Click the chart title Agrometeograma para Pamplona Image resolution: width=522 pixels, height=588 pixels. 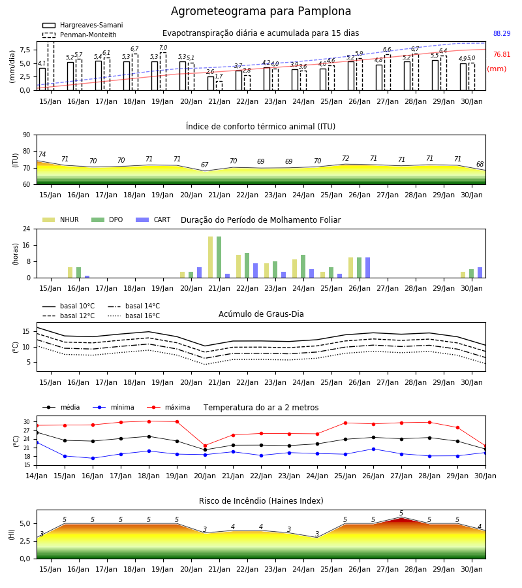tap(261, 11)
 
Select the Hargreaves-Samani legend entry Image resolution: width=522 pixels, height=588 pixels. tap(82, 25)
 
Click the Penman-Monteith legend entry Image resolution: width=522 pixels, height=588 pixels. tap(80, 35)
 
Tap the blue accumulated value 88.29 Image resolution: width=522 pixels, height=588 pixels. tap(502, 33)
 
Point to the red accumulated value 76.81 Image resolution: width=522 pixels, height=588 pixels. tap(502, 54)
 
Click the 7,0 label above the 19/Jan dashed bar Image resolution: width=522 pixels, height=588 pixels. tap(163, 48)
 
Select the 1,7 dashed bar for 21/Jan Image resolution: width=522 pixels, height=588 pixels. tap(219, 86)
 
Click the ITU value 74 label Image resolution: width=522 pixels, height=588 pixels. tap(42, 154)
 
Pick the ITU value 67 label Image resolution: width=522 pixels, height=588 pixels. tap(204, 165)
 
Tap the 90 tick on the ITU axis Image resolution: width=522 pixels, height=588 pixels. tap(27, 135)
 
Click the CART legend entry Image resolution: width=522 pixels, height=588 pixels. tap(153, 220)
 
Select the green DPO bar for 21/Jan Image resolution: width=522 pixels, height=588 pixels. tap(219, 257)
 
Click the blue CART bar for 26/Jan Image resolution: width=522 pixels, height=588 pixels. tap(368, 268)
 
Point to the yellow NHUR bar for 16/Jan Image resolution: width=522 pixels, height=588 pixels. tap(70, 272)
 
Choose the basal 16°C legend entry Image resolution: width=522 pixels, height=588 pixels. tap(134, 316)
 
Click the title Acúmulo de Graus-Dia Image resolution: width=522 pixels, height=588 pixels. tap(261, 314)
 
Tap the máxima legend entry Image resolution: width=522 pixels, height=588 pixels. tap(168, 407)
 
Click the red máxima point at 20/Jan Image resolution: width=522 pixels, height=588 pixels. tap(205, 446)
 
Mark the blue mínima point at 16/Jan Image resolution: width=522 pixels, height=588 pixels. tap(93, 458)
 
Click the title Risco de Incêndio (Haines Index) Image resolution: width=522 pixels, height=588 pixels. tap(261, 501)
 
